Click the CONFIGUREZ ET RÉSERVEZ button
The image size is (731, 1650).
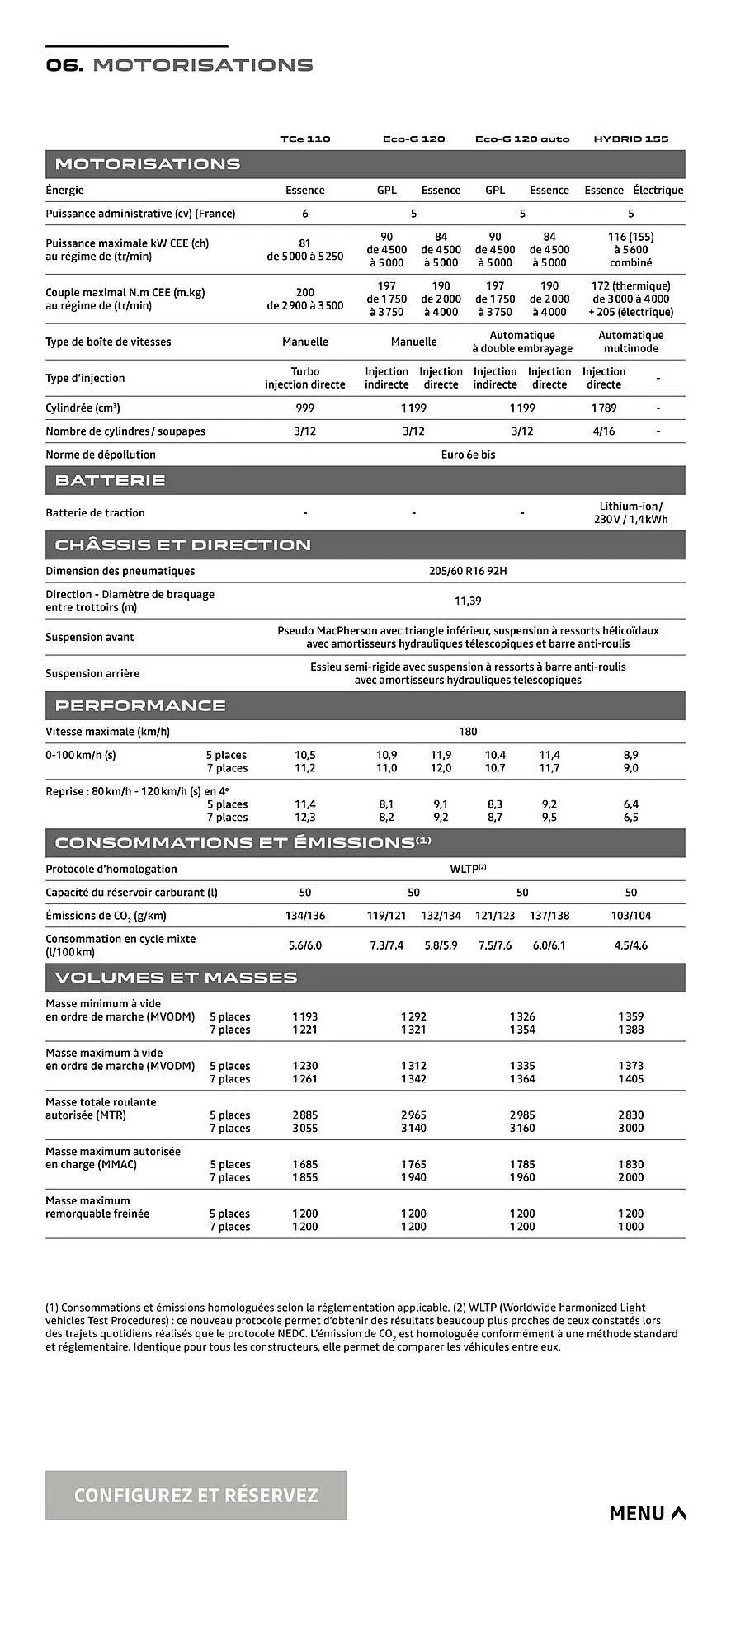tap(196, 1496)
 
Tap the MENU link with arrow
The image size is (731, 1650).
tap(647, 1513)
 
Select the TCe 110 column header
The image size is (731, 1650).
tap(304, 139)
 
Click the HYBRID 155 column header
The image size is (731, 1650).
tap(630, 139)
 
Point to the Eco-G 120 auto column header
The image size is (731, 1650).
tap(522, 139)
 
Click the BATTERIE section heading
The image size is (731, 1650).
tap(110, 480)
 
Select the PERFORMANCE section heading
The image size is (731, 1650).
tap(140, 705)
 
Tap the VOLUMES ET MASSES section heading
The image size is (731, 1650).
tap(176, 978)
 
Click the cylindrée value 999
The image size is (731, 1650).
tap(304, 408)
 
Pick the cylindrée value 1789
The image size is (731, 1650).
tap(603, 408)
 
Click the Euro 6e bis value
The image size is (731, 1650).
tap(468, 455)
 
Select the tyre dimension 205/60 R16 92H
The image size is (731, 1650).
tap(468, 571)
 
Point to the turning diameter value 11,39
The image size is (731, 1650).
tap(468, 601)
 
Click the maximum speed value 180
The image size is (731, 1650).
tap(468, 732)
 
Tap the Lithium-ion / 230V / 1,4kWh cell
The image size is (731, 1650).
tap(630, 512)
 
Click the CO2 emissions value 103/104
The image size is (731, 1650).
tap(630, 916)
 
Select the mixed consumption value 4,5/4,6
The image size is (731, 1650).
tap(630, 945)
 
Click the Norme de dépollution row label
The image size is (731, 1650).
tap(101, 455)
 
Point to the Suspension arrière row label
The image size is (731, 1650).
tap(92, 673)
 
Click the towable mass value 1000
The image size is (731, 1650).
tap(630, 1227)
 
